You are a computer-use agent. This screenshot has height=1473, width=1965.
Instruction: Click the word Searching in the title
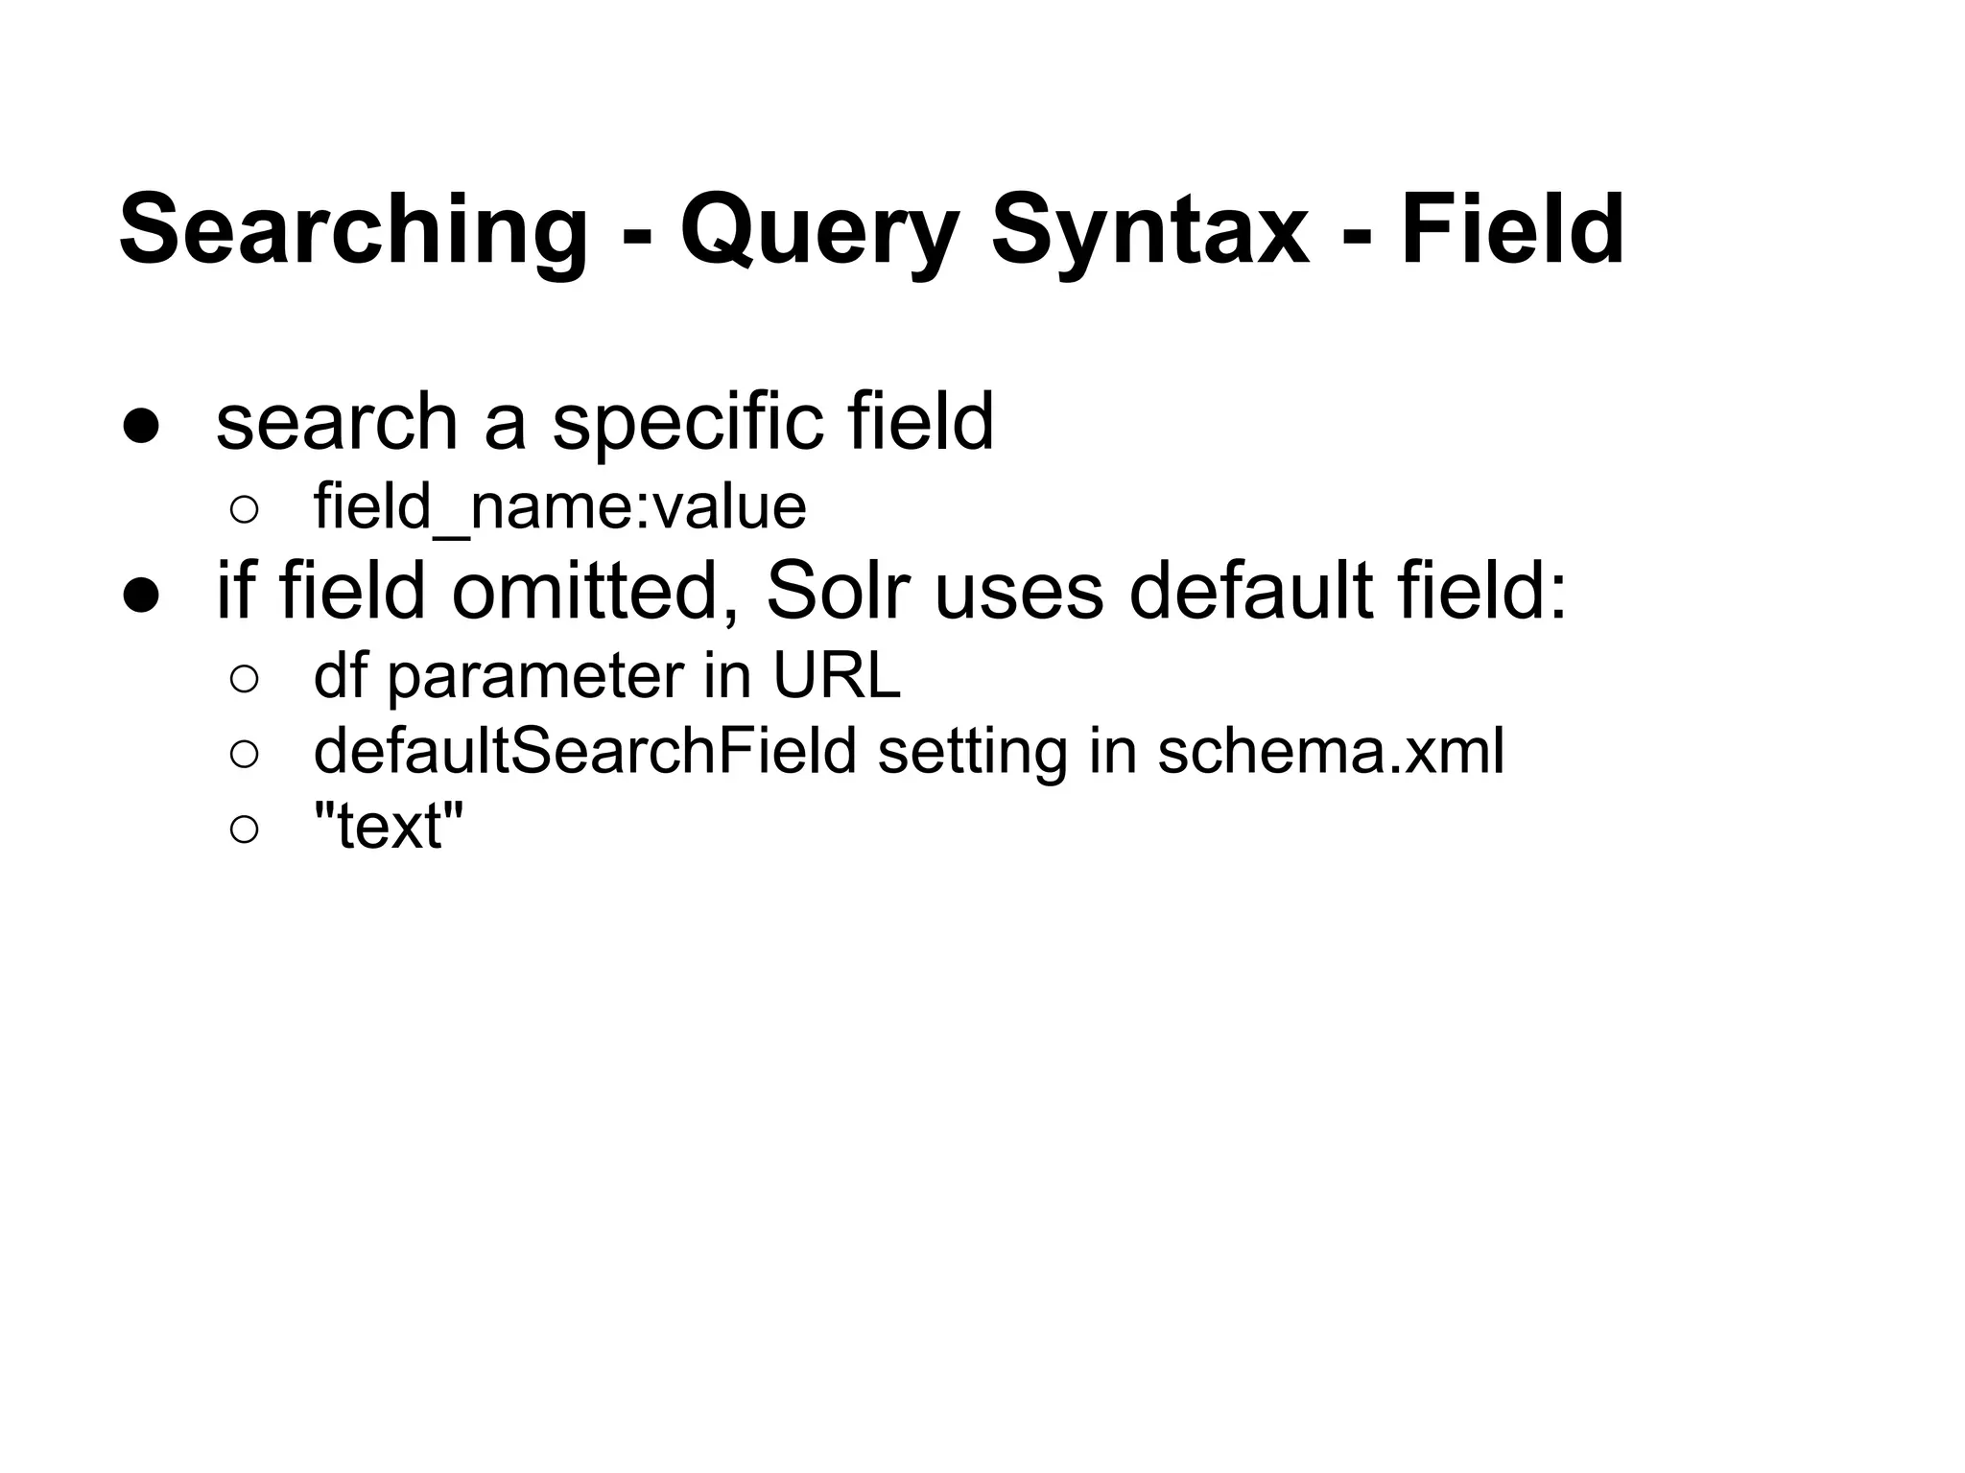coord(353,230)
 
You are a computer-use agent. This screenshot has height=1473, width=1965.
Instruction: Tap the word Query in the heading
coord(819,230)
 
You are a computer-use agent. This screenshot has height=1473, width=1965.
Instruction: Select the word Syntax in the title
coord(1149,230)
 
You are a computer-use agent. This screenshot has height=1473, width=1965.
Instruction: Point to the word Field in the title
coord(1513,230)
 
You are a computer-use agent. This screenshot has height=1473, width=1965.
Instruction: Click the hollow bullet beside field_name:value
coord(244,510)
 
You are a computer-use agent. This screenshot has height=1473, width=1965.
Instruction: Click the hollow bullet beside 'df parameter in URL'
coord(244,679)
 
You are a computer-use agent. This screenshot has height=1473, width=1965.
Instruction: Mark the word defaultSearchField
coord(584,751)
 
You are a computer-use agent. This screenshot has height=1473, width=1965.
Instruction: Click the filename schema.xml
coord(1330,751)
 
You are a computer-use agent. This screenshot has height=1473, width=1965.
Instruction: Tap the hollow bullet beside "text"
coord(244,829)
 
